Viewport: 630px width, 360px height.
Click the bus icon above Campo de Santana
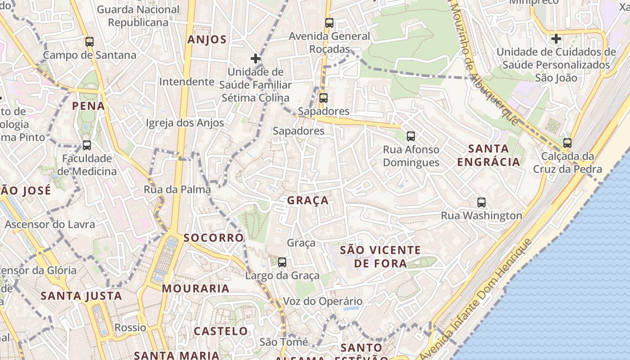coord(89,42)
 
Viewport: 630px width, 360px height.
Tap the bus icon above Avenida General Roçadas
coord(329,23)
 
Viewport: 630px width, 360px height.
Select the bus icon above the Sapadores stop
coord(323,98)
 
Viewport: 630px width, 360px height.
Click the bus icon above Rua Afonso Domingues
coord(410,136)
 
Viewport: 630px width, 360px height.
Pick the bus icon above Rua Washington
coord(481,202)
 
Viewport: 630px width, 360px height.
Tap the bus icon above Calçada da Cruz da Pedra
coord(567,143)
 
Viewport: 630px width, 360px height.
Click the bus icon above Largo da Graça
coord(282,262)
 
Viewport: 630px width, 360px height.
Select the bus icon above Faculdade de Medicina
coord(87,145)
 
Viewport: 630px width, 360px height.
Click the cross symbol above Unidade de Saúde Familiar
coord(256,58)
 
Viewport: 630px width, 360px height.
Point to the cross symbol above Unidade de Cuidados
coord(556,39)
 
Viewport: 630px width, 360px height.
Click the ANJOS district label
coord(207,40)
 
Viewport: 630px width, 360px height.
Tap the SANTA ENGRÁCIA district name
coord(489,155)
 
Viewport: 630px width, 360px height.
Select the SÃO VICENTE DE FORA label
coord(380,256)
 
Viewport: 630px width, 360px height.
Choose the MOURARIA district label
coord(196,288)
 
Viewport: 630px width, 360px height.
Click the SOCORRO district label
coord(214,238)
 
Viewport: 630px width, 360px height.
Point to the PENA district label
coord(89,106)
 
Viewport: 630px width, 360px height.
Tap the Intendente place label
coord(187,82)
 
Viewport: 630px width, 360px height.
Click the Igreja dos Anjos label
coord(185,123)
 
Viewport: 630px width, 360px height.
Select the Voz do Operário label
coord(323,301)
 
